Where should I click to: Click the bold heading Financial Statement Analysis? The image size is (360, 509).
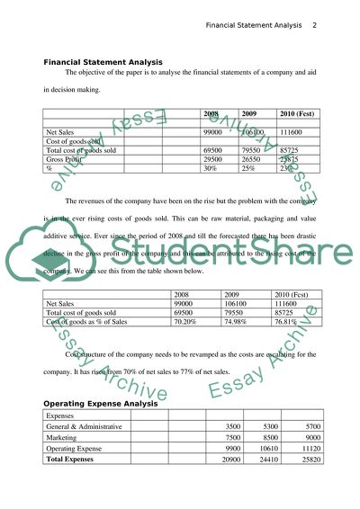[x=103, y=62]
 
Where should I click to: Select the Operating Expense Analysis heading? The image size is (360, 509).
[x=102, y=404]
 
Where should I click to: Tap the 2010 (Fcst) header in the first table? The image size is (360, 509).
[x=301, y=114]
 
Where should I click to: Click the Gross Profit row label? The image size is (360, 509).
[x=67, y=159]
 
